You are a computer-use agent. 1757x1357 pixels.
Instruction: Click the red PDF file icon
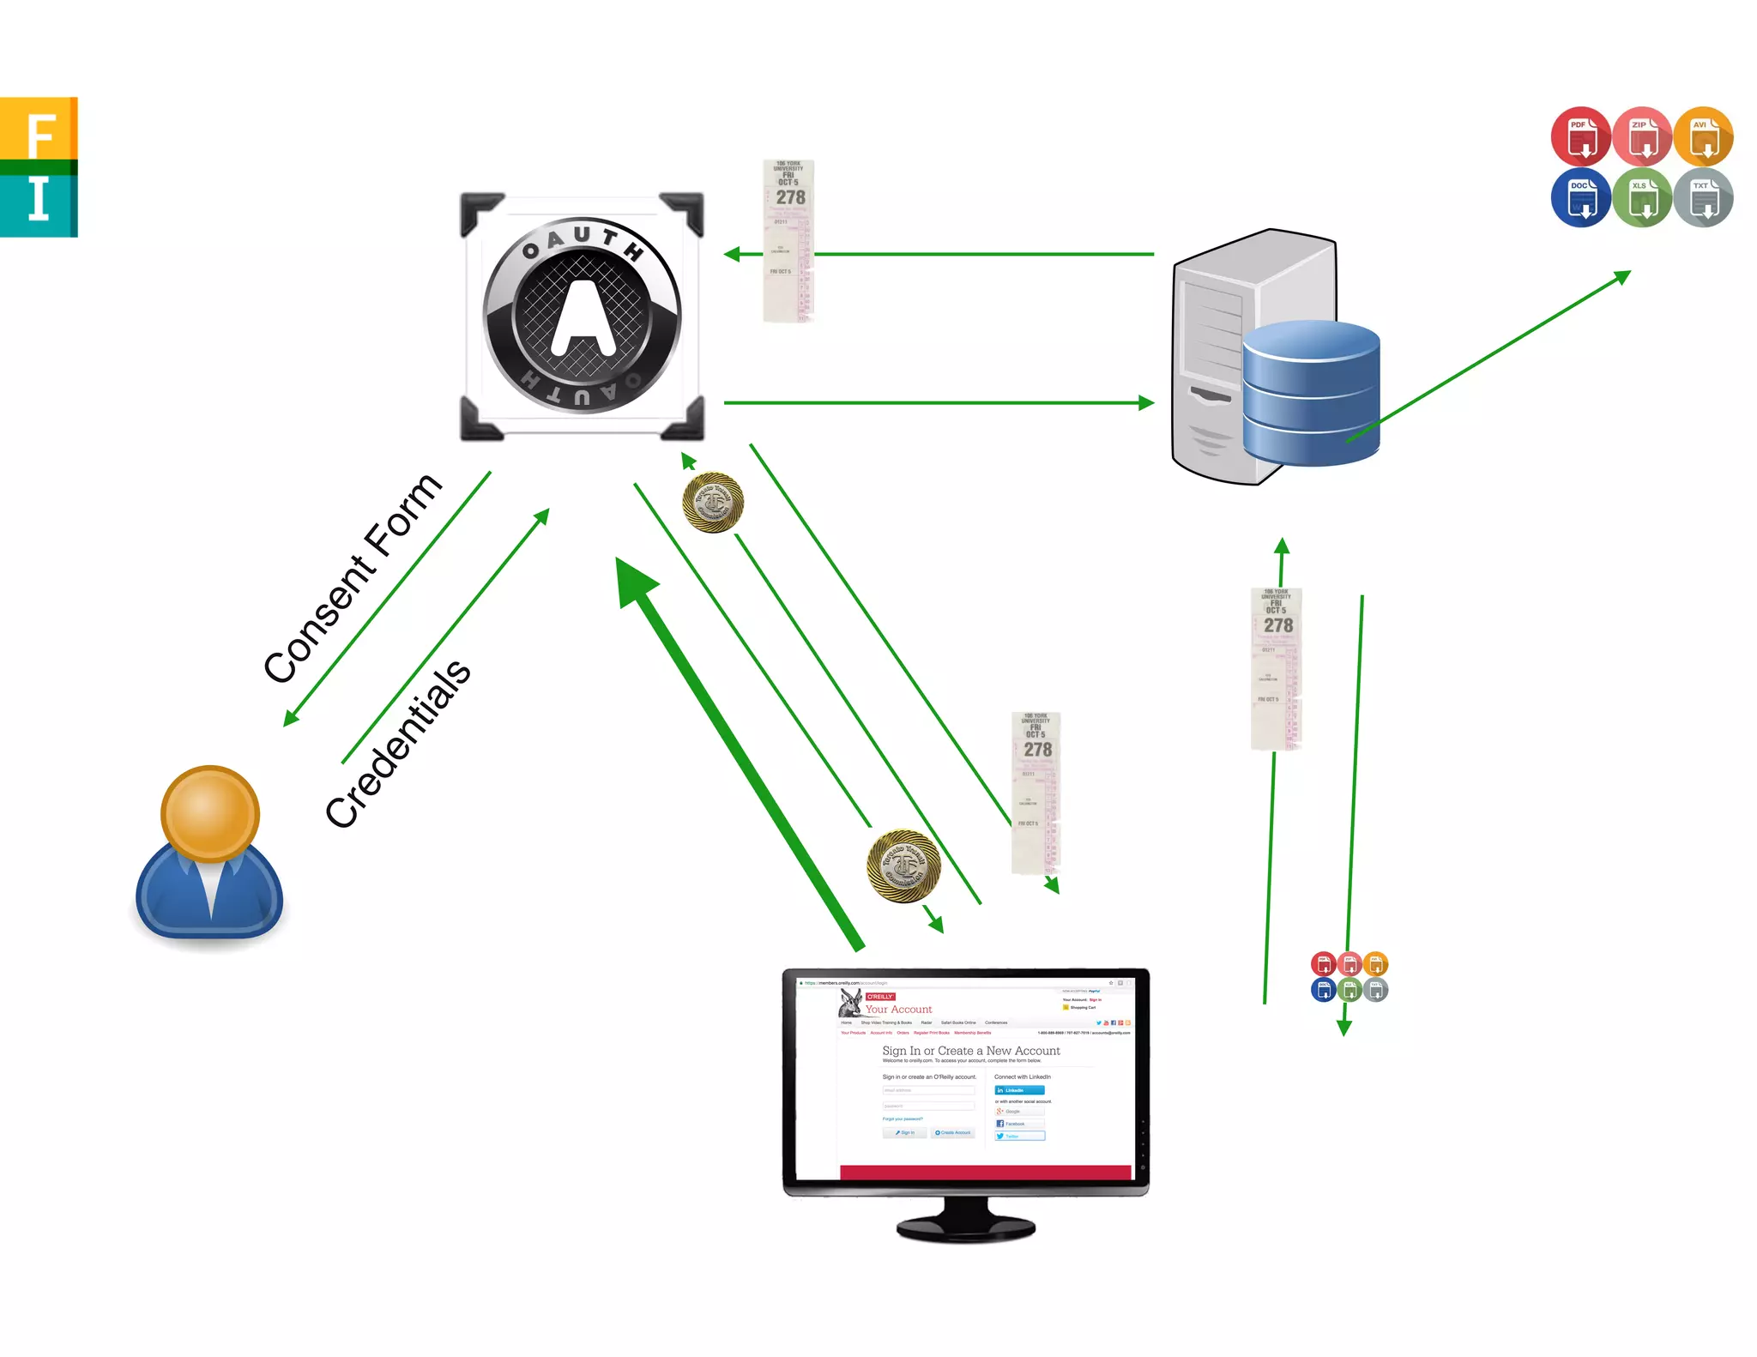pyautogui.click(x=1580, y=136)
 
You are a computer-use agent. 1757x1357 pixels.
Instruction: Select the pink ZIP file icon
pyautogui.click(x=1642, y=136)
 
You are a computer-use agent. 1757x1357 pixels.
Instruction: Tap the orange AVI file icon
pyautogui.click(x=1704, y=136)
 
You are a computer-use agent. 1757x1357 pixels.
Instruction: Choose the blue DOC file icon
pyautogui.click(x=1580, y=197)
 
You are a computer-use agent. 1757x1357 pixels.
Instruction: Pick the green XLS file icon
pyautogui.click(x=1642, y=197)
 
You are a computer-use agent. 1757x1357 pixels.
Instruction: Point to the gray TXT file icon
pyautogui.click(x=1704, y=197)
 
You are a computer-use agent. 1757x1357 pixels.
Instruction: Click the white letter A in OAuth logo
pyautogui.click(x=583, y=317)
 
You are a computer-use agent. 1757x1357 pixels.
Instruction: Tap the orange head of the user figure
pyautogui.click(x=210, y=813)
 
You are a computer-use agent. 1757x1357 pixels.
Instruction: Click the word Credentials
pyautogui.click(x=397, y=743)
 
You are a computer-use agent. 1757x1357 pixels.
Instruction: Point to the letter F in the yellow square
pyautogui.click(x=39, y=133)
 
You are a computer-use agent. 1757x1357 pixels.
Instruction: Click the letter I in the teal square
pyautogui.click(x=39, y=200)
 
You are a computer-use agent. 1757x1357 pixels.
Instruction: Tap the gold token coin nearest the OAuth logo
pyautogui.click(x=713, y=503)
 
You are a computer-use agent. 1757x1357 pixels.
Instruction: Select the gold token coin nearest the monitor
pyautogui.click(x=903, y=865)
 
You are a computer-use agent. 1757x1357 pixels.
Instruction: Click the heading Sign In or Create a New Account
pyautogui.click(x=970, y=1051)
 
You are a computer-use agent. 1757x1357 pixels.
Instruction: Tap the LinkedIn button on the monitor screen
pyautogui.click(x=1019, y=1090)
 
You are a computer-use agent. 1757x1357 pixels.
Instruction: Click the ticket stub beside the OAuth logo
pyautogui.click(x=788, y=241)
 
